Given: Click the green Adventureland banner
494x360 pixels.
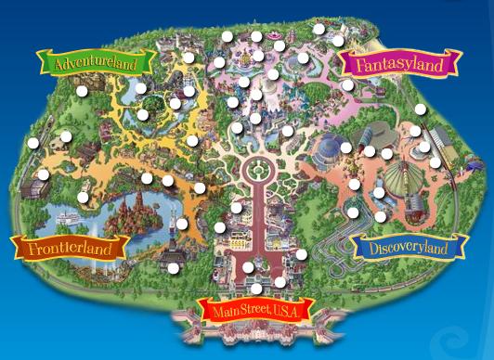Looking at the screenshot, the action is [96, 64].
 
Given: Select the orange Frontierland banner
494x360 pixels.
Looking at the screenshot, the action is [69, 248].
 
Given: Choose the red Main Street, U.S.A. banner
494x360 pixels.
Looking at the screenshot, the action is [257, 309].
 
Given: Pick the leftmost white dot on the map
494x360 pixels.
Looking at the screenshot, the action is [33, 143].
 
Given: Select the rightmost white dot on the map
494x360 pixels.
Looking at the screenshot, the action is [435, 161].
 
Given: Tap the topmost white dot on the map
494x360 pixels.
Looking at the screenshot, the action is [318, 29].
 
